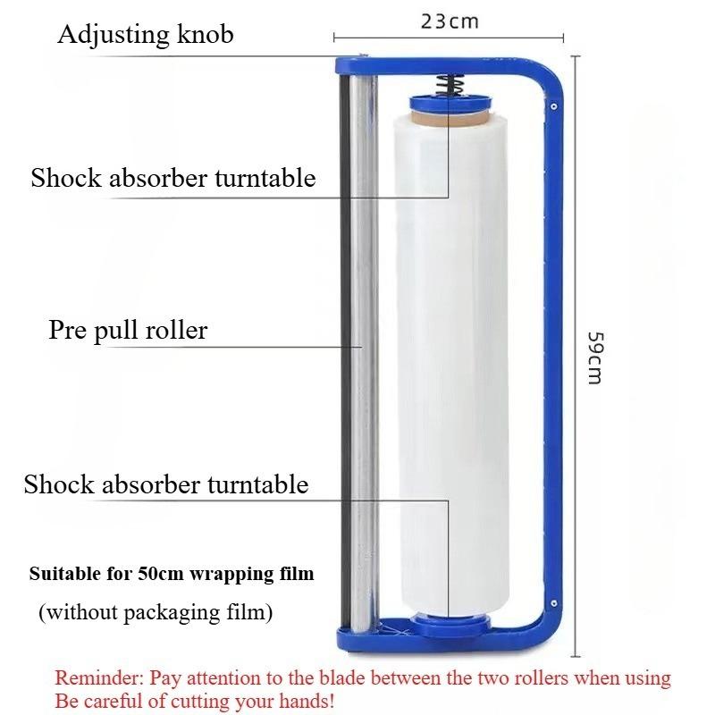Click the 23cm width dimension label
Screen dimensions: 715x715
pos(450,21)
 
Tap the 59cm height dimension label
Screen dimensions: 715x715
pos(595,358)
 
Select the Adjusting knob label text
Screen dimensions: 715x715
pos(146,35)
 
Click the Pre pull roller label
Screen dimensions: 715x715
pos(128,330)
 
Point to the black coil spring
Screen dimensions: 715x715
pos(450,85)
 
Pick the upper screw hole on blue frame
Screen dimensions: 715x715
pos(553,106)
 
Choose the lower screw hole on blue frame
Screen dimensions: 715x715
pos(553,603)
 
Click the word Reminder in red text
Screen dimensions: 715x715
pos(99,678)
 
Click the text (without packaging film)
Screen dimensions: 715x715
pos(156,612)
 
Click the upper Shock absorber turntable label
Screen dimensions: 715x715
pos(173,178)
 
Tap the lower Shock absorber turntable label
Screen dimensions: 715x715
pos(166,484)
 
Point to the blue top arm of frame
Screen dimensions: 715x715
pos(438,66)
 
